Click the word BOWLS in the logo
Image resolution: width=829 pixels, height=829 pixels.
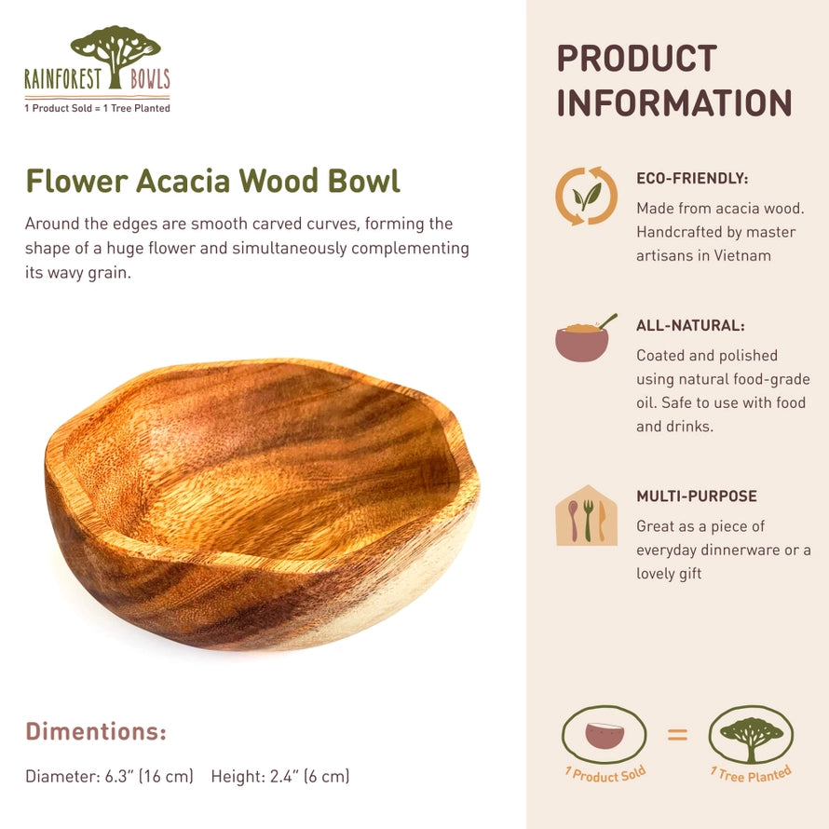150,79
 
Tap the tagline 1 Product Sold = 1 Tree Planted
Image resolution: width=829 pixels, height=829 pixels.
97,108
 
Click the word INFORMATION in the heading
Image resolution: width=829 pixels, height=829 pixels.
674,102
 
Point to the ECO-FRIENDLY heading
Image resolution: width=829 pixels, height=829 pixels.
692,178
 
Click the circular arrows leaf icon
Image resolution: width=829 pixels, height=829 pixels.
586,196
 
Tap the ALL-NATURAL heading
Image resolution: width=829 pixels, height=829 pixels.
690,326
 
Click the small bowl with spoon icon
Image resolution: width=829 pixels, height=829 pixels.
584,339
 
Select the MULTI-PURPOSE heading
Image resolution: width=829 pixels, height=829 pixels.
697,496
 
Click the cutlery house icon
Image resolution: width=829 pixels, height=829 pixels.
586,517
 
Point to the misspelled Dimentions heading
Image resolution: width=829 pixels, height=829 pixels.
96,731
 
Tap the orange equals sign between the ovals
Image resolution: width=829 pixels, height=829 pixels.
677,735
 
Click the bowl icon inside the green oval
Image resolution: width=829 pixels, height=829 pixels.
604,734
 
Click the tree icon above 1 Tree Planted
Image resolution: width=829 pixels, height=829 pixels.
751,735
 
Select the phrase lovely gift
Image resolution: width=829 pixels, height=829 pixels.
669,574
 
